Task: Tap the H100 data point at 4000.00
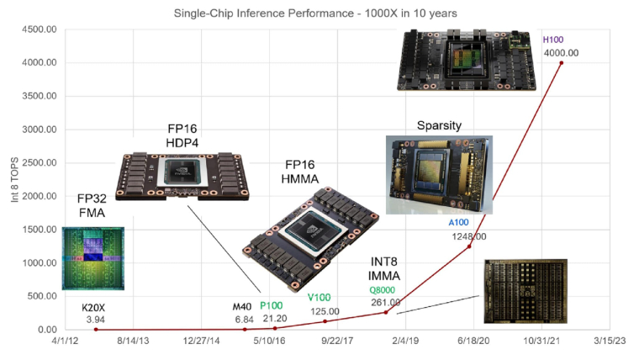(562, 62)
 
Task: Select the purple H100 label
(553, 40)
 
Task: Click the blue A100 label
(458, 222)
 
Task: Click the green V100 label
(319, 298)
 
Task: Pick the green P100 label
(272, 305)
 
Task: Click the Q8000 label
(383, 289)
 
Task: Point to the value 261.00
(385, 302)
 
